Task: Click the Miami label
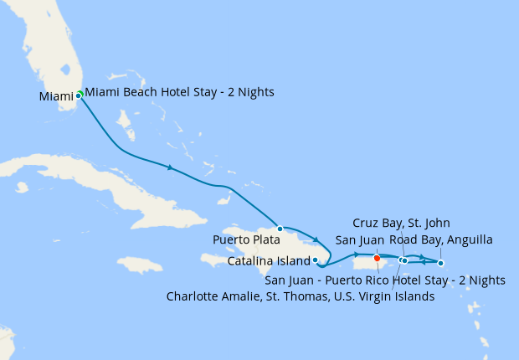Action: [56, 97]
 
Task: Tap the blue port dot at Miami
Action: [78, 95]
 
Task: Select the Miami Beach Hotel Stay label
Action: [179, 91]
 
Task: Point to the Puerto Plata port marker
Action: [280, 228]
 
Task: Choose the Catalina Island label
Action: [268, 261]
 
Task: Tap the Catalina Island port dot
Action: [315, 260]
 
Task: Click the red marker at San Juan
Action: [377, 257]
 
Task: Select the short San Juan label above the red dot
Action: [359, 240]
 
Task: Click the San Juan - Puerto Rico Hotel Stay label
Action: [385, 280]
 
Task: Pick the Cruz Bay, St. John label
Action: [401, 223]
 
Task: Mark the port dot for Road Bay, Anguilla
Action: [441, 263]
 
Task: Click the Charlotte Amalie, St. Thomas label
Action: [300, 296]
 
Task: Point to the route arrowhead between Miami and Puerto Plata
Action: [171, 167]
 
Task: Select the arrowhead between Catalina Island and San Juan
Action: [357, 254]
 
